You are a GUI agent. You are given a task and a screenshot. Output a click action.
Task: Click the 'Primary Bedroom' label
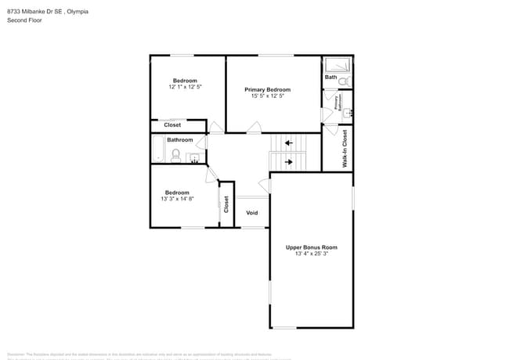click(x=267, y=90)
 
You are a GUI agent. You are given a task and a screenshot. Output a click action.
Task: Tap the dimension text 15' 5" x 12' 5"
click(x=267, y=96)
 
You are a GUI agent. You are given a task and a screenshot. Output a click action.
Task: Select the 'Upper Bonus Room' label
click(x=311, y=247)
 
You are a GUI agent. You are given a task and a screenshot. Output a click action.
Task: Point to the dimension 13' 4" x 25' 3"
click(x=311, y=254)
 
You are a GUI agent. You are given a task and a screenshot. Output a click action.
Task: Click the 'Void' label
click(x=252, y=213)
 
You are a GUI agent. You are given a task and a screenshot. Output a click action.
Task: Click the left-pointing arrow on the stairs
click(x=289, y=143)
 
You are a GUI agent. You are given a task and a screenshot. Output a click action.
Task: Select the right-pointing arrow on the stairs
click(x=289, y=162)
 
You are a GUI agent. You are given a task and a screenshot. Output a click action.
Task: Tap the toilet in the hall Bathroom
click(x=175, y=156)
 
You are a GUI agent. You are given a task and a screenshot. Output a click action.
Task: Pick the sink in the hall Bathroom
click(x=193, y=157)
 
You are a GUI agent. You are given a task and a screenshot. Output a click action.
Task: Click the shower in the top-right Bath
click(x=335, y=66)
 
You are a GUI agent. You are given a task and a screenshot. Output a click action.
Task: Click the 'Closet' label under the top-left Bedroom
click(x=172, y=125)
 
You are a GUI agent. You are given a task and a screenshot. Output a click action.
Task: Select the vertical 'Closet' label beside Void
click(x=226, y=204)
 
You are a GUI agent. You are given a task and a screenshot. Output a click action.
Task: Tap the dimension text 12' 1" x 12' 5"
click(x=185, y=87)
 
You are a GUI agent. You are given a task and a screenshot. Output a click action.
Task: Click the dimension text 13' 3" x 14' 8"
click(x=177, y=199)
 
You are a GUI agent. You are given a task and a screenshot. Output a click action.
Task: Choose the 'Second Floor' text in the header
click(x=25, y=20)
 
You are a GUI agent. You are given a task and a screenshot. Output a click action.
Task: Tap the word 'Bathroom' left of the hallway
click(x=179, y=140)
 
